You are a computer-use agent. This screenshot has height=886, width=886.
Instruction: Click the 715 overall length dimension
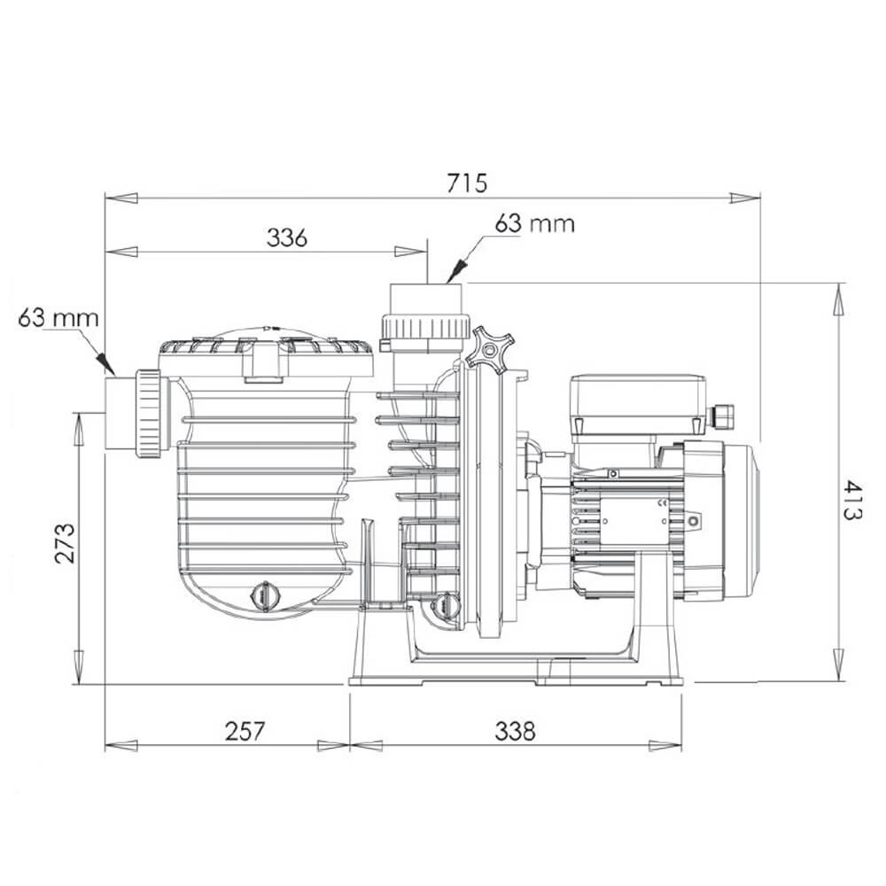coord(466,183)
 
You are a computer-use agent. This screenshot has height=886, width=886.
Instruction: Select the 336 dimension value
coord(287,237)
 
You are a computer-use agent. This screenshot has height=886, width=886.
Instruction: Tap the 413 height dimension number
coord(853,500)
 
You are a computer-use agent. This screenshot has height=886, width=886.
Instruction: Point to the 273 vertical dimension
coord(65,543)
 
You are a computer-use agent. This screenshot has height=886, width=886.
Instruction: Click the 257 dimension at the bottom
coord(245,731)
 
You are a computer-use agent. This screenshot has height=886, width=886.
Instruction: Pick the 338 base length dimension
coord(515,731)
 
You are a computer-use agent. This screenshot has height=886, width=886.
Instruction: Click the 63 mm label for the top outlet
coord(534,224)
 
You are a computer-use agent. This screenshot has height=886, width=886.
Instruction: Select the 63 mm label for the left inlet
coord(58,318)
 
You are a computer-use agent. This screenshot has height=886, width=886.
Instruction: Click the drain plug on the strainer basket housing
coord(265,595)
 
